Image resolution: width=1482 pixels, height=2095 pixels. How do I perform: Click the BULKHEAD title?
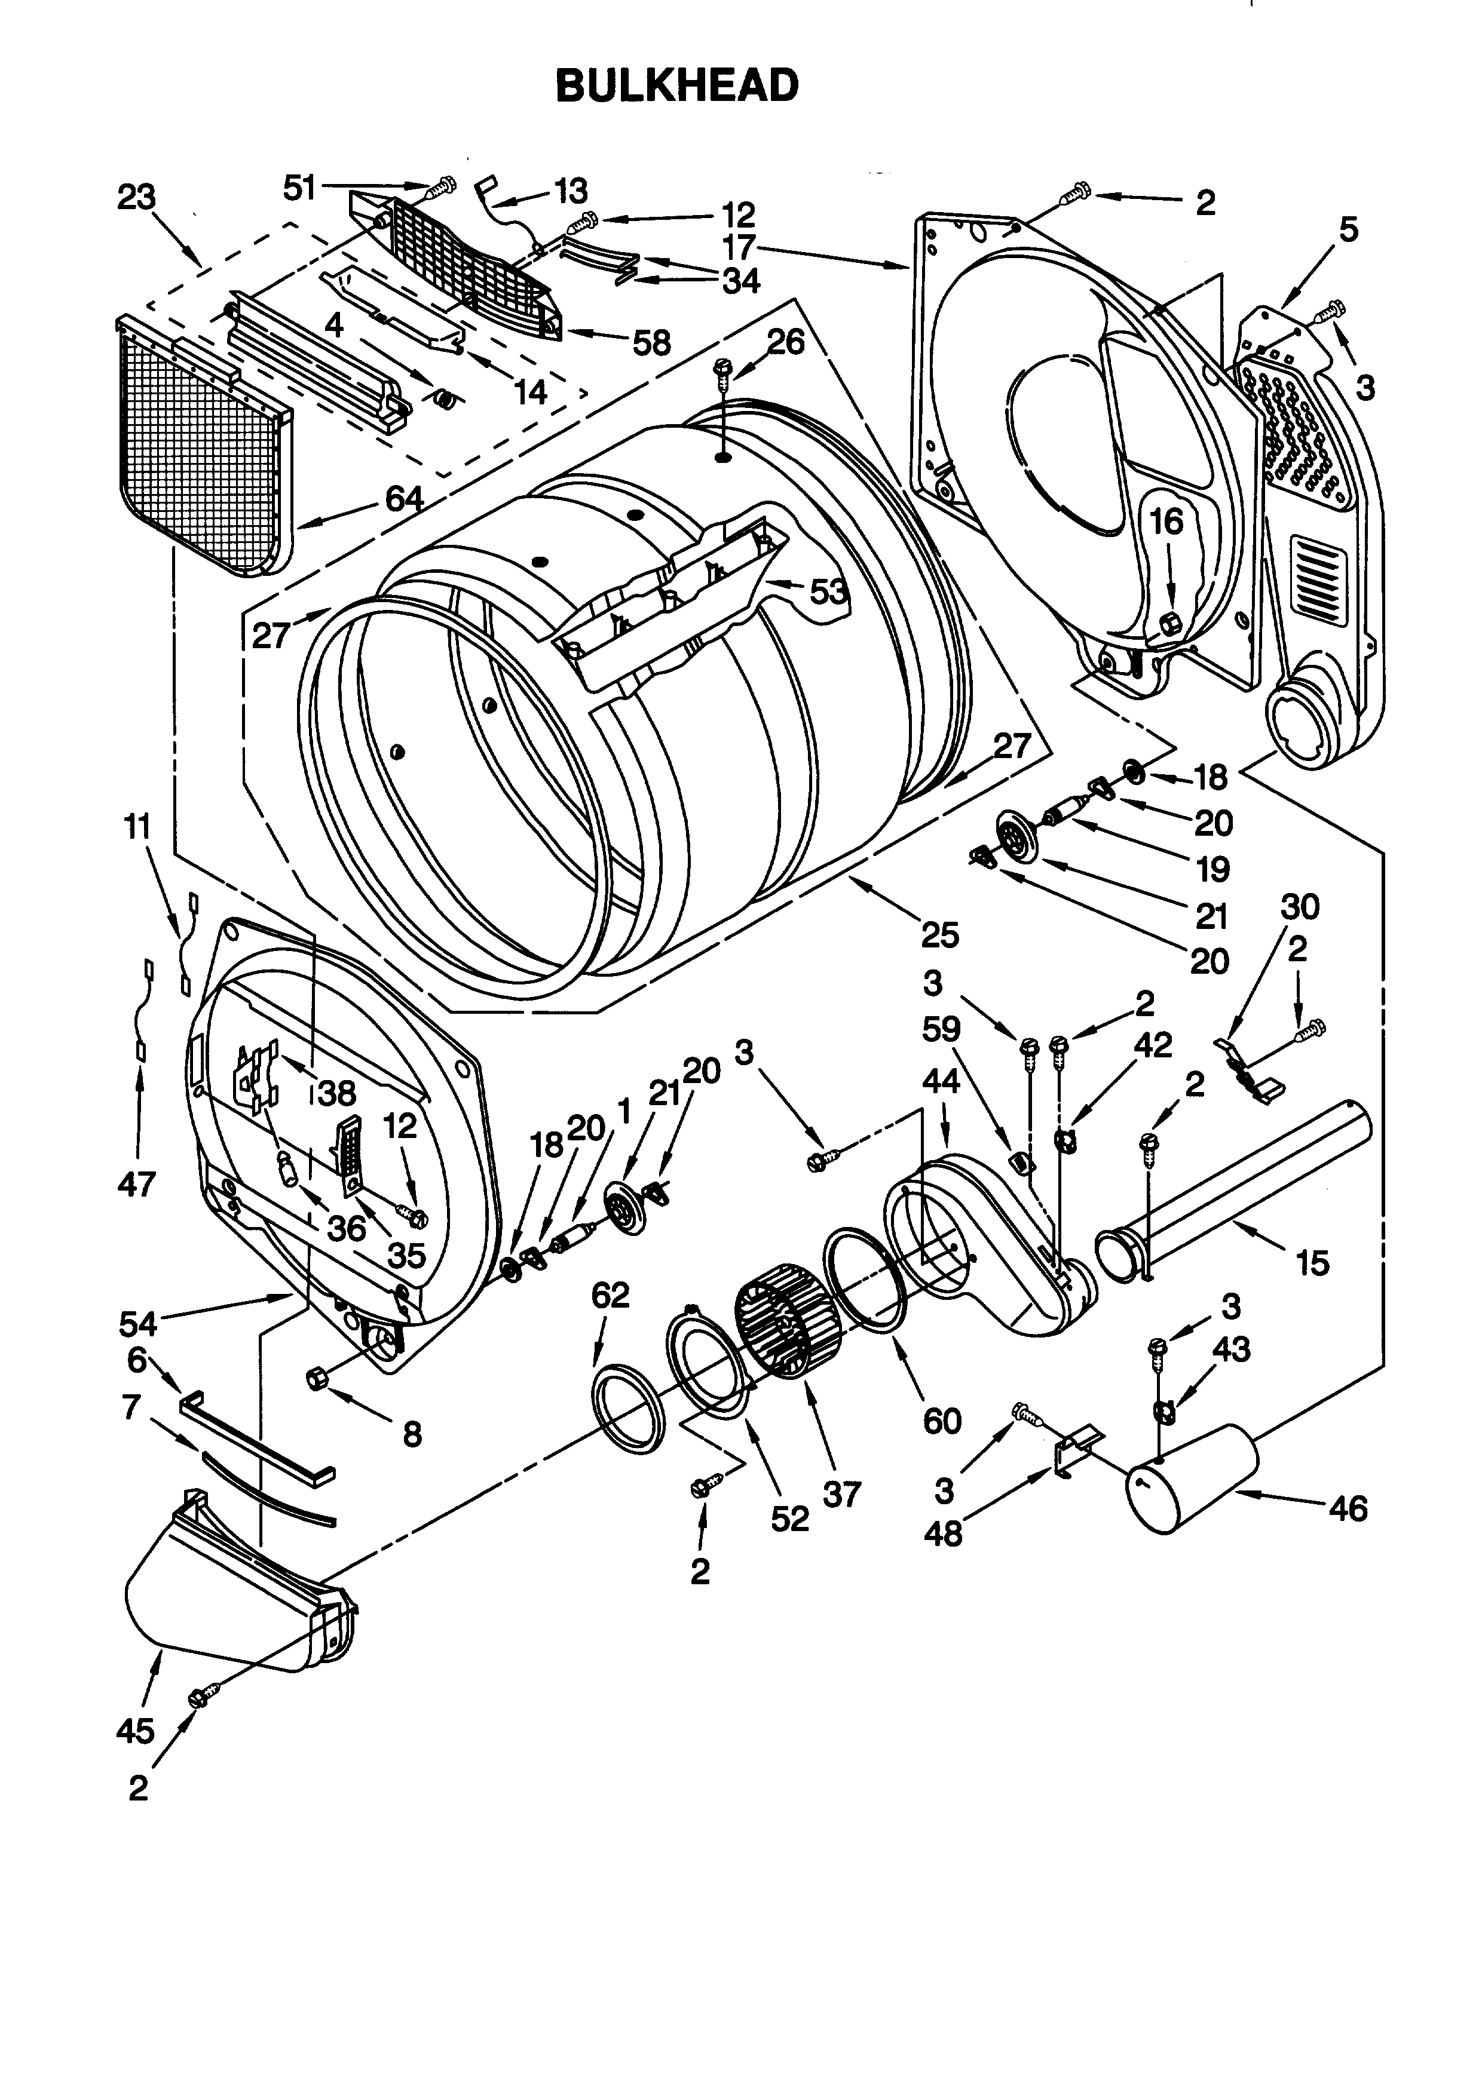point(677,87)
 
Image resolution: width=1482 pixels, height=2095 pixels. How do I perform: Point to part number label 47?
point(137,1185)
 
